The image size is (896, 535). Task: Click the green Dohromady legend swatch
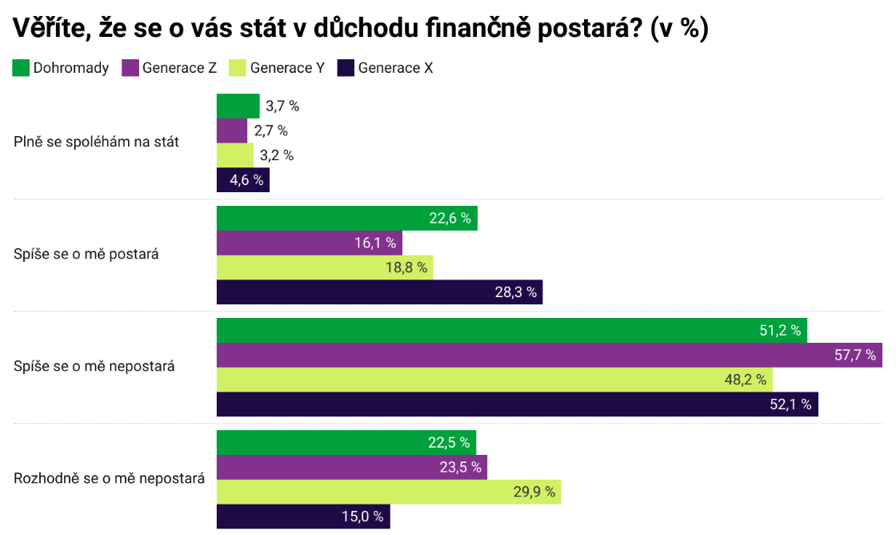pyautogui.click(x=21, y=68)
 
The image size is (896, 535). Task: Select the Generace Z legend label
pyautogui.click(x=179, y=68)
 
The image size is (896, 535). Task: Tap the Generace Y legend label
pyautogui.click(x=286, y=68)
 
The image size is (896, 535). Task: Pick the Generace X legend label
pyautogui.click(x=395, y=68)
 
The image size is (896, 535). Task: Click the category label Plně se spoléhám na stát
pyautogui.click(x=96, y=143)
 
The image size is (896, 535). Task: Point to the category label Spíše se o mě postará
pyautogui.click(x=86, y=255)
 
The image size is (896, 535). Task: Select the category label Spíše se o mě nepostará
pyautogui.click(x=94, y=367)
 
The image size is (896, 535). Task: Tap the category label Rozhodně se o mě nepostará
pyautogui.click(x=109, y=479)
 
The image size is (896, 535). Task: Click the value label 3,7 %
pyautogui.click(x=282, y=106)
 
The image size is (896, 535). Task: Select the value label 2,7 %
pyautogui.click(x=270, y=131)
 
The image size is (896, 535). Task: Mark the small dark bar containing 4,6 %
pyautogui.click(x=242, y=180)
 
